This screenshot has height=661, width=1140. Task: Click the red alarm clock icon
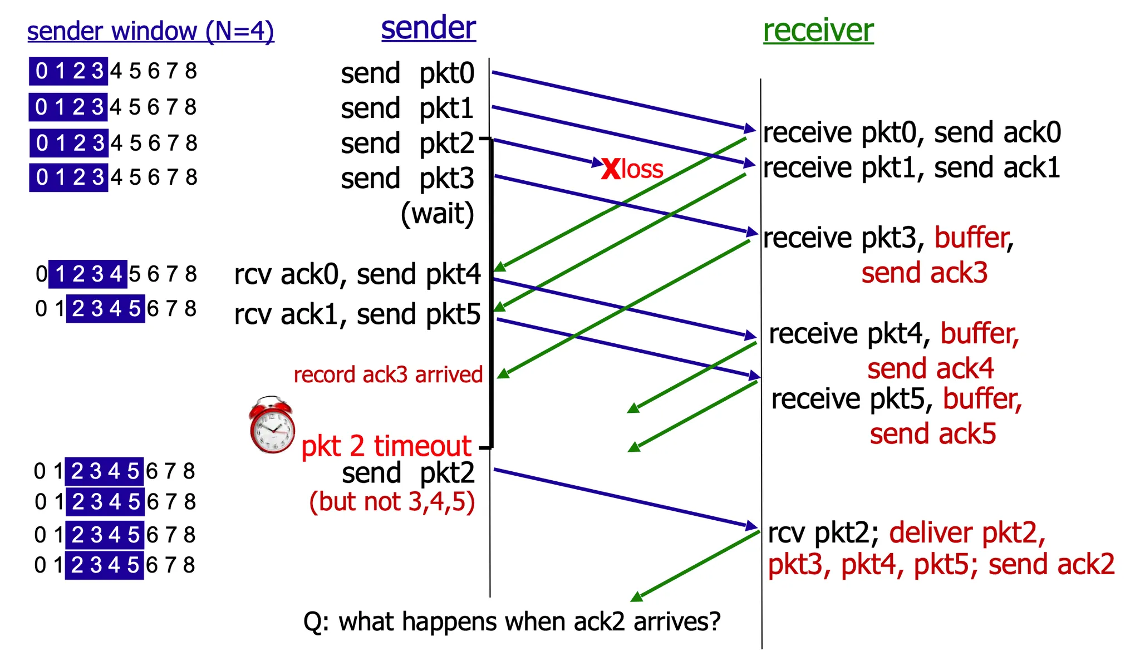pos(272,426)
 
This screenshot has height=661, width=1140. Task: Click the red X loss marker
pos(611,169)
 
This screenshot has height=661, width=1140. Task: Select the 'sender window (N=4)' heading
pos(150,31)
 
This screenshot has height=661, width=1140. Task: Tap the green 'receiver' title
pos(818,30)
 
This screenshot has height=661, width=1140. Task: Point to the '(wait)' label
pos(438,213)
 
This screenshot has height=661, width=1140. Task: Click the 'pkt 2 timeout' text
pos(386,446)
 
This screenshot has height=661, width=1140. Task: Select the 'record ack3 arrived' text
pos(388,374)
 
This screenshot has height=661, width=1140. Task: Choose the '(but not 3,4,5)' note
pos(392,501)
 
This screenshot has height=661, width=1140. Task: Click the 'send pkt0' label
pos(407,73)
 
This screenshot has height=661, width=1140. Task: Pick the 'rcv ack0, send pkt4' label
pos(357,274)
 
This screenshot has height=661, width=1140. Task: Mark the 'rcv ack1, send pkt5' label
pos(357,314)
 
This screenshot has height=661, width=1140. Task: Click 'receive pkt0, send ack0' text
pos(911,133)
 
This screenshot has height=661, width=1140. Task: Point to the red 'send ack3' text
pos(924,273)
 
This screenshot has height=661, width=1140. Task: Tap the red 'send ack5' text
pos(933,434)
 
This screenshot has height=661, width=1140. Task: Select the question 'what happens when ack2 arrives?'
pos(512,621)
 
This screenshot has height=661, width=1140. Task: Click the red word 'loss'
pos(642,169)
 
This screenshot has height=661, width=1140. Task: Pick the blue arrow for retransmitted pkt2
pos(623,497)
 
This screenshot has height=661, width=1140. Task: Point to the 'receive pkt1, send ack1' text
pos(911,168)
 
